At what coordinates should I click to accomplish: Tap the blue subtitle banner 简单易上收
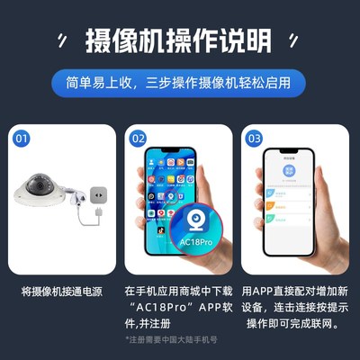pyautogui.click(x=179, y=84)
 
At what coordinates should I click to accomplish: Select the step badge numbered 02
pyautogui.click(x=138, y=139)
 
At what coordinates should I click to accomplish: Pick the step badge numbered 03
pyautogui.click(x=254, y=139)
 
